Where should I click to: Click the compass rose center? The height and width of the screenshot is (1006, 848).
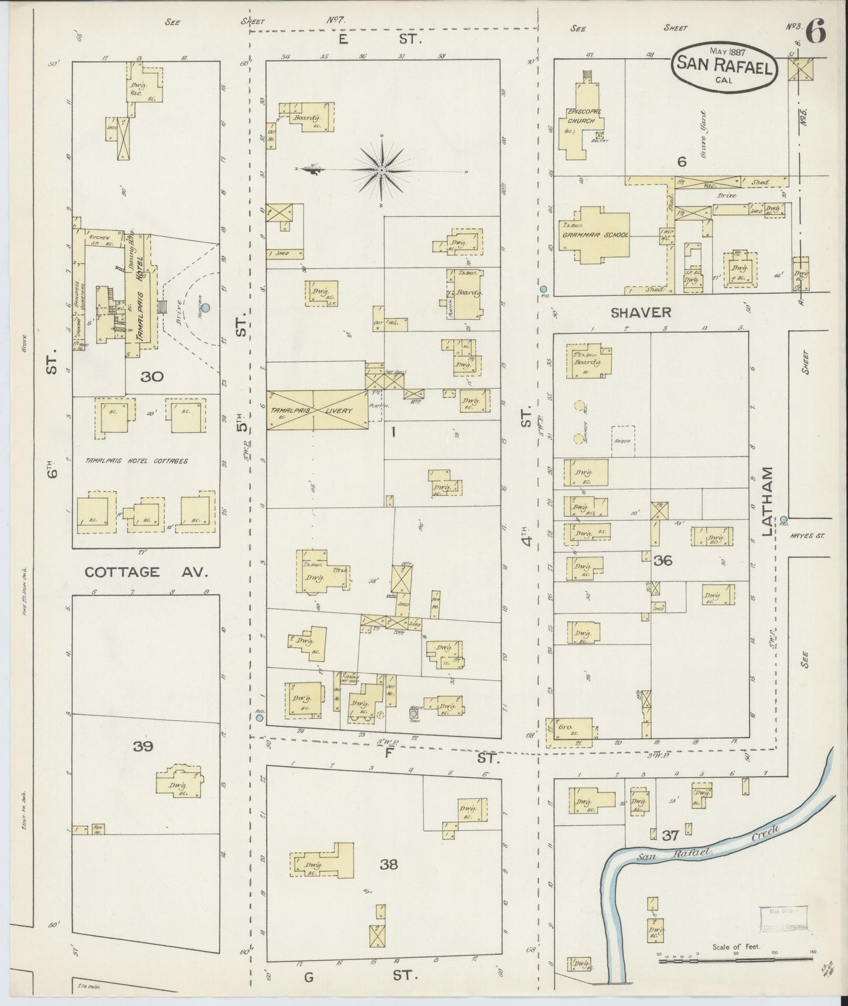tap(381, 170)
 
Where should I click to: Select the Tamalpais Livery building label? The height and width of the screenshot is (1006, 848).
tap(317, 411)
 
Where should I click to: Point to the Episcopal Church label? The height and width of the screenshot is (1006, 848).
tap(580, 116)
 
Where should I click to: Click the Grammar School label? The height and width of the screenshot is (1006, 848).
tap(595, 235)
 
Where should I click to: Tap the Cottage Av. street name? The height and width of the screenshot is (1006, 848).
tap(146, 572)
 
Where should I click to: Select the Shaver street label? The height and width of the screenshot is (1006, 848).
tap(641, 313)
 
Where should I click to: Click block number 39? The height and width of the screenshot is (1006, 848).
tap(143, 747)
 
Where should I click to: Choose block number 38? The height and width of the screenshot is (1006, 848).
tap(388, 864)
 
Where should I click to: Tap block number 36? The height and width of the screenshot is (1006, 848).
tap(663, 561)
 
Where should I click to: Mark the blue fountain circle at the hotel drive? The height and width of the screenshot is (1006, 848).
tap(205, 307)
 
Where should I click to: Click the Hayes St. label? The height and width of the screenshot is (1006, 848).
tap(807, 535)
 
